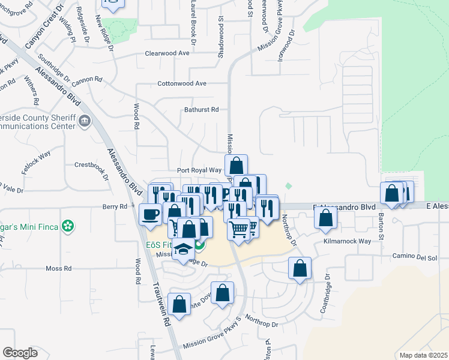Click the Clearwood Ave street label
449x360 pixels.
pyautogui.click(x=167, y=53)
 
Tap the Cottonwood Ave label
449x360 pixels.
pyautogui.click(x=182, y=83)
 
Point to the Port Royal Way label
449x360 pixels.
pyautogui.click(x=199, y=170)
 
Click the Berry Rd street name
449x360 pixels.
pyautogui.click(x=115, y=206)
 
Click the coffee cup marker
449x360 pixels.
pyautogui.click(x=150, y=214)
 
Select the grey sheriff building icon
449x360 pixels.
pyautogui.click(x=85, y=122)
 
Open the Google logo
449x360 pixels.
pyautogui.click(x=20, y=353)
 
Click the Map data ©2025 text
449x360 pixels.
pyautogui.click(x=423, y=355)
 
